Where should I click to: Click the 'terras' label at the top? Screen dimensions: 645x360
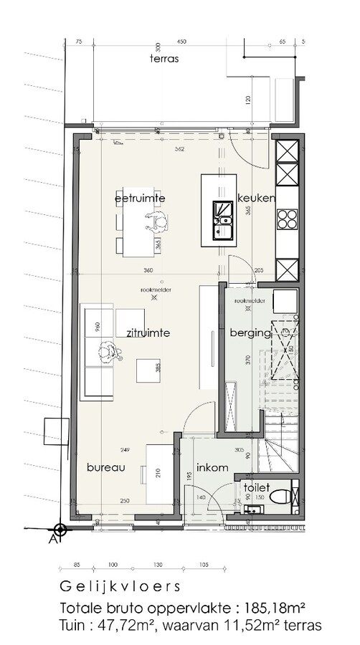[165, 59]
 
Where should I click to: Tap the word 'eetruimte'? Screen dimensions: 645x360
[141, 197]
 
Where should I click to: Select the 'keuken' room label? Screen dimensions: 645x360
[255, 198]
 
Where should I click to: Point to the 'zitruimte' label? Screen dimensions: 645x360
[148, 333]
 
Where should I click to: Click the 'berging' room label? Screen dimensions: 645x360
[249, 333]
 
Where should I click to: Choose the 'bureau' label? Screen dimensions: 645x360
[106, 467]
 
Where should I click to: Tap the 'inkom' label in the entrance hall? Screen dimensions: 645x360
[212, 467]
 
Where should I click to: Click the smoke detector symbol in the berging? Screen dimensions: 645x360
[248, 309]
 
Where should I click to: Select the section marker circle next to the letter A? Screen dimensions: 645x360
[60, 530]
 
